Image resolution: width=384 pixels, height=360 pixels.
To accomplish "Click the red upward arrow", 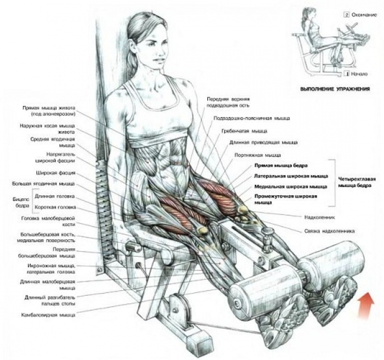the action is pos(366,305).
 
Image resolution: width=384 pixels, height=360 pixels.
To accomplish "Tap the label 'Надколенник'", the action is pos(320,217).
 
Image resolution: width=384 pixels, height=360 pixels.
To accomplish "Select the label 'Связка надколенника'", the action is pos(329,231).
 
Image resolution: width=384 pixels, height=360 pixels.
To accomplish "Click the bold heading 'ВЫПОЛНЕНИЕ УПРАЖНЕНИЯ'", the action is pos(335,89).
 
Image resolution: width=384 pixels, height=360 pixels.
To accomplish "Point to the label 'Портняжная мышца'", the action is pos(258,155).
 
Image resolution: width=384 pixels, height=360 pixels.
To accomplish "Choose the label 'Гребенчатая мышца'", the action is pos(244,131).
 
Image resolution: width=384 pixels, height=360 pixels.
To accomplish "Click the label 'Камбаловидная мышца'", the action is pos(48,315).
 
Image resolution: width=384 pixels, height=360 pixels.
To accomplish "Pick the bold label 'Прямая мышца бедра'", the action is pos(281,166).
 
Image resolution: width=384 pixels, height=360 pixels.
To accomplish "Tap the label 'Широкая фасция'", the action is pos(56,173).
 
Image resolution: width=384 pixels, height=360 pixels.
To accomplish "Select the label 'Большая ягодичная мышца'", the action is pos(43,184).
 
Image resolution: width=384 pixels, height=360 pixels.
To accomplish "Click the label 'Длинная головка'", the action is pos(55,196).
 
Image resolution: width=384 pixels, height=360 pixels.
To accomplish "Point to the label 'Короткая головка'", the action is pos(55,207).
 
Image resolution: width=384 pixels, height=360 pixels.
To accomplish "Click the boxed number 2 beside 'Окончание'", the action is pos(347,15).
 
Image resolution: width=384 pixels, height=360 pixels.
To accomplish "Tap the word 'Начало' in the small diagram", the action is pos(359,74).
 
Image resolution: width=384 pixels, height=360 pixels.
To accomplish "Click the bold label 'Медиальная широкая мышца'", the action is pos(291,187).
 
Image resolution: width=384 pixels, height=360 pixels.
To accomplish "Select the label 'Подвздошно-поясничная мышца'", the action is pos(252,119).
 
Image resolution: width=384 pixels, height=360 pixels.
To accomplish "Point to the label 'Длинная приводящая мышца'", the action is pos(263,142).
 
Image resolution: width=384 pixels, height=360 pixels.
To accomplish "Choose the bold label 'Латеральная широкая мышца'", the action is pos(291,176).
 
